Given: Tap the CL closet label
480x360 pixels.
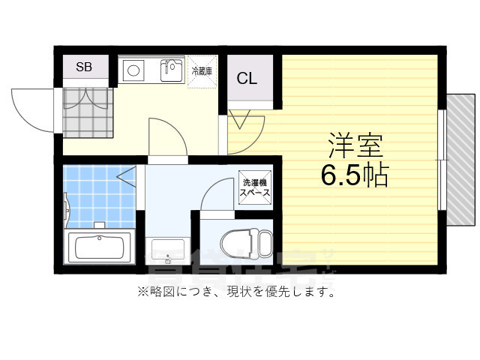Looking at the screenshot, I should click(247, 78).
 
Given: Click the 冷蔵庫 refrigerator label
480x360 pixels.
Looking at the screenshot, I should click(202, 72).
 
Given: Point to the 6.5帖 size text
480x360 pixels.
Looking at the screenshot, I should click(354, 175).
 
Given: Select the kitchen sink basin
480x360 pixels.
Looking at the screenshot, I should click(172, 70).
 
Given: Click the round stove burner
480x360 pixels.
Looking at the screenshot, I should click(135, 70).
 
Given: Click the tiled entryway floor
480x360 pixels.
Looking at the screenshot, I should click(87, 112).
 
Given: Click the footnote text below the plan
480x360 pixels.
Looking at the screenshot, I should click(235, 292).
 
